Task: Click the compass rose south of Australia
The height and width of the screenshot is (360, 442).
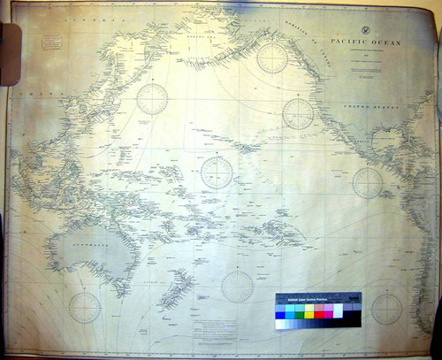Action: point(85,306)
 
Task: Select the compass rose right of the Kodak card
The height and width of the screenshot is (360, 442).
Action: point(385,308)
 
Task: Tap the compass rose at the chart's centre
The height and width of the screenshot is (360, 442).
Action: point(217,172)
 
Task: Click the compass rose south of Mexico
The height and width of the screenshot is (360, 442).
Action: point(367,182)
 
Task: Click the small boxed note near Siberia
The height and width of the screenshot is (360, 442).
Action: point(50,39)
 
